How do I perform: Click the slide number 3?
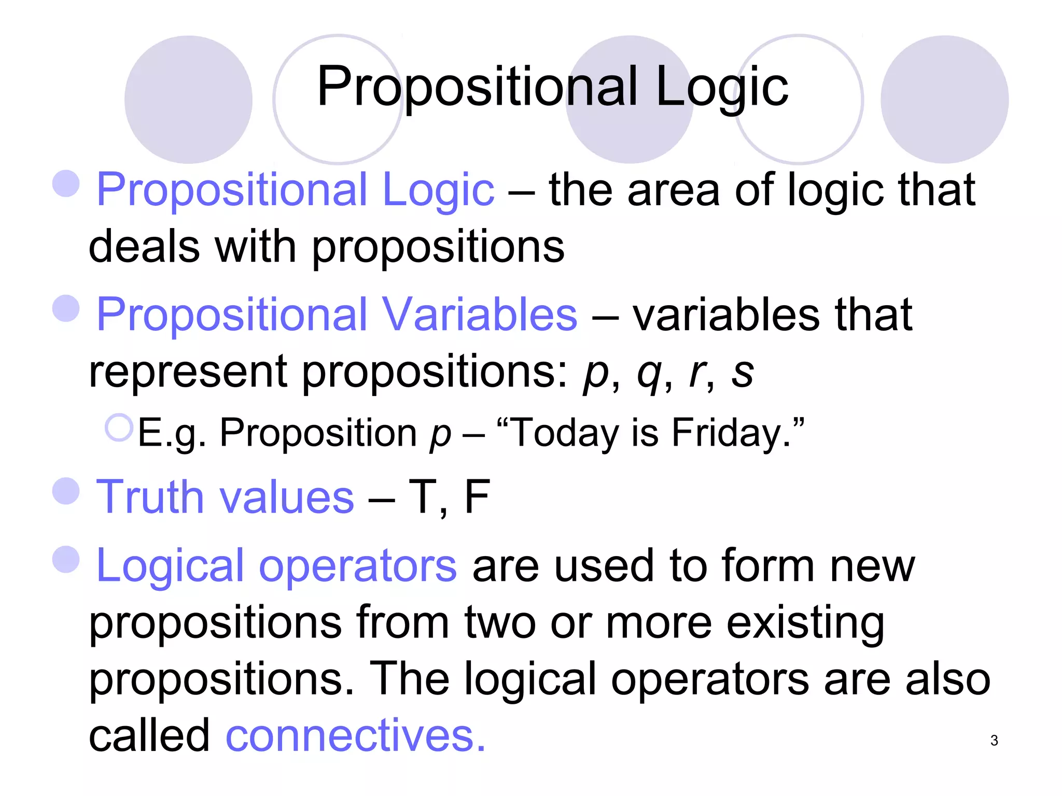pyautogui.click(x=994, y=741)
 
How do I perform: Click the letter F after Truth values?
pyautogui.click(x=477, y=496)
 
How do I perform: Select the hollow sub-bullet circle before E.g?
pyautogui.click(x=119, y=428)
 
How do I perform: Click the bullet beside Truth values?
pyautogui.click(x=66, y=491)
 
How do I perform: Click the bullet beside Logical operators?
pyautogui.click(x=66, y=560)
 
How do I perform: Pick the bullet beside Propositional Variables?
pyautogui.click(x=66, y=308)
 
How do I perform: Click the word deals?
pyautogui.click(x=144, y=246)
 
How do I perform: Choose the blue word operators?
pyautogui.click(x=358, y=565)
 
